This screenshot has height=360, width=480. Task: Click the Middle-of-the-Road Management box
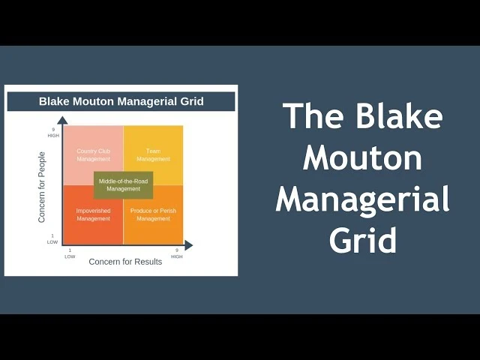click(123, 185)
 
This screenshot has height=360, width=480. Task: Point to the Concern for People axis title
click(42, 187)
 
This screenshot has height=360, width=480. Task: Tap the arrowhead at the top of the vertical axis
click(62, 120)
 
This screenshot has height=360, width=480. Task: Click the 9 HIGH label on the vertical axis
click(53, 133)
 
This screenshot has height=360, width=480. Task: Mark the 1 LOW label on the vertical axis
click(52, 239)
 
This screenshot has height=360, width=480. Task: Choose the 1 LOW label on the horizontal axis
click(70, 253)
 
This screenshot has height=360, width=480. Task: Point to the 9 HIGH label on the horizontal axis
click(177, 253)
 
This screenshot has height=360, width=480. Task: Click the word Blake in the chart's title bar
click(54, 102)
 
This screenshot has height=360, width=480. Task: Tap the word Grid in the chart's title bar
click(190, 102)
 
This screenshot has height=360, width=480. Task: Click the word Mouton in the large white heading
click(363, 158)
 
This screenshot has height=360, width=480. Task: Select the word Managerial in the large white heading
click(363, 200)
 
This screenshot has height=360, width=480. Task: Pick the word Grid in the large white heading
click(363, 241)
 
